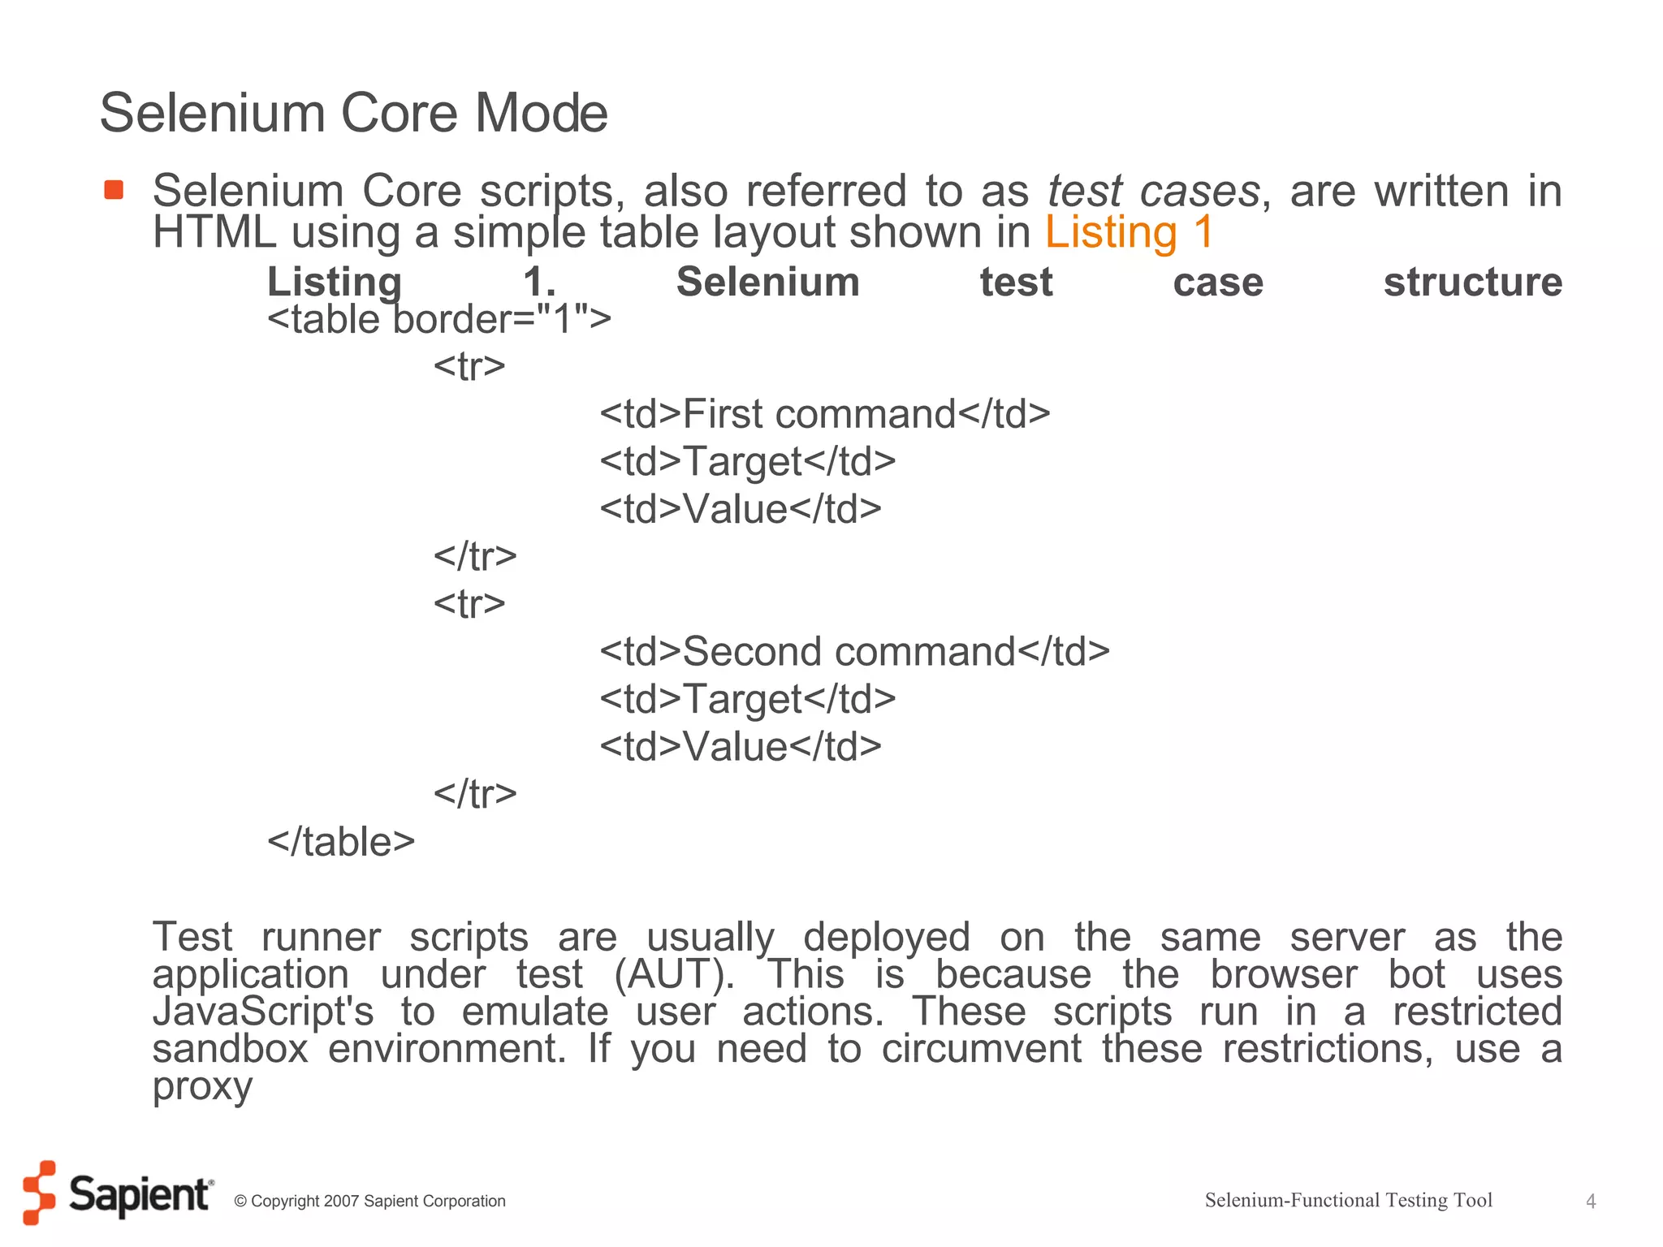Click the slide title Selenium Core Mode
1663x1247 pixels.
click(x=353, y=113)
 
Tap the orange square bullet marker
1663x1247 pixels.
click(x=114, y=190)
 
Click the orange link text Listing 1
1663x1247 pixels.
click(x=1129, y=232)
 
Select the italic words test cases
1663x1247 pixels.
click(x=1153, y=192)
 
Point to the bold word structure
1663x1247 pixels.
click(x=1472, y=283)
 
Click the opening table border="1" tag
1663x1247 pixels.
click(x=439, y=319)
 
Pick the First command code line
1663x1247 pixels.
click(x=824, y=414)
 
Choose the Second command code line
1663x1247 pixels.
click(x=854, y=652)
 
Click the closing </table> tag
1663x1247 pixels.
click(x=341, y=842)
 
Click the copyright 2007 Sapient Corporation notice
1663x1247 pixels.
click(x=369, y=1201)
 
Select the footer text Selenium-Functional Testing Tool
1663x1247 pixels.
click(x=1348, y=1200)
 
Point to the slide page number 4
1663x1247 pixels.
click(x=1591, y=1202)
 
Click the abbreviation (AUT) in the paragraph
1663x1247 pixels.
click(x=674, y=974)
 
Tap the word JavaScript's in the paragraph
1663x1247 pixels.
click(x=263, y=1012)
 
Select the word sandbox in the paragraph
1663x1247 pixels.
click(x=231, y=1048)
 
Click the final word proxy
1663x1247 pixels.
click(x=202, y=1087)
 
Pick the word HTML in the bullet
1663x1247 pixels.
click(x=214, y=232)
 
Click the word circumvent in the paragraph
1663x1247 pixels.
click(x=981, y=1048)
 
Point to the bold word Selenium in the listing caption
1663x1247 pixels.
click(x=767, y=283)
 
